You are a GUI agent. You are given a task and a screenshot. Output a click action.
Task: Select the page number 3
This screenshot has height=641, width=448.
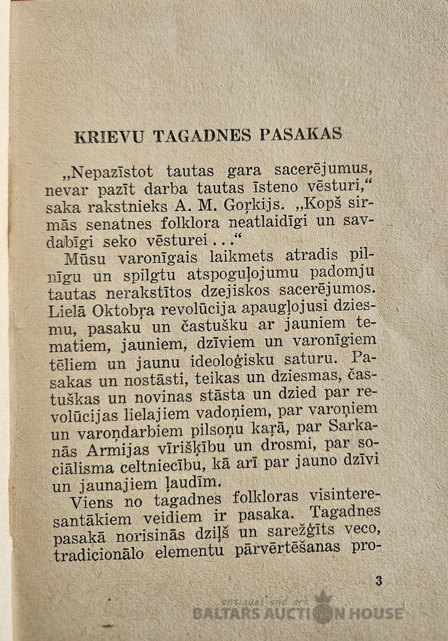(x=379, y=581)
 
